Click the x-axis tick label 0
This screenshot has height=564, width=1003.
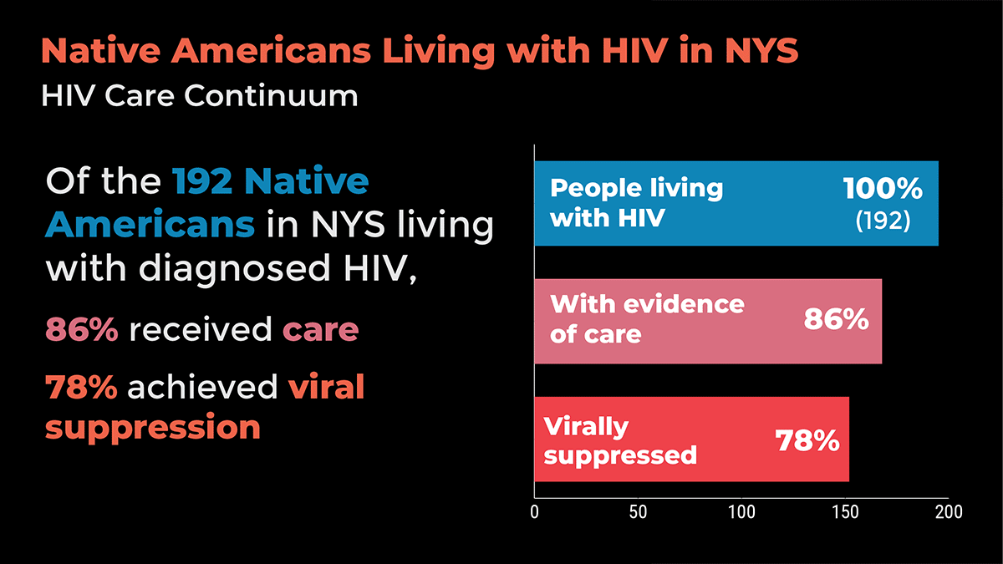(534, 511)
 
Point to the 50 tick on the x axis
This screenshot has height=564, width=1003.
(638, 511)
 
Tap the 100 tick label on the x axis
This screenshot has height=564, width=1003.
(741, 511)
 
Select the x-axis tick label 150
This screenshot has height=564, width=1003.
(845, 511)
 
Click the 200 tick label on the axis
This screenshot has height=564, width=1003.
(949, 511)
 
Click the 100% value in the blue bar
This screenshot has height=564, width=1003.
(883, 189)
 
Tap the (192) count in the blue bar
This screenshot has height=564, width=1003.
(883, 221)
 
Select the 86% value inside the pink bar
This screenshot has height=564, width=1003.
(836, 319)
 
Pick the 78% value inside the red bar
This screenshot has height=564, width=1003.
(807, 440)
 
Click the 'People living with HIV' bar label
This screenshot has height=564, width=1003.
(636, 203)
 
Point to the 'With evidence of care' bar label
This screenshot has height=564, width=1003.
(647, 319)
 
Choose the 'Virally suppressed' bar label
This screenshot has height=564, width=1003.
(620, 441)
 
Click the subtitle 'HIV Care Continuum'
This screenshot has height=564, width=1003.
(199, 95)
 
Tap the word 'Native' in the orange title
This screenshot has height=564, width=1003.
(101, 51)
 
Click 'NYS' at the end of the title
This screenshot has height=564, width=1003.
(761, 51)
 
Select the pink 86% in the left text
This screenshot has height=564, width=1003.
(82, 329)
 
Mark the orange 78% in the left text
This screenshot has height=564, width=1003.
(82, 387)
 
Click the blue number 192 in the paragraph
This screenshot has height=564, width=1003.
(202, 180)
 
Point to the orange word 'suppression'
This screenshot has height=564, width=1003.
(153, 428)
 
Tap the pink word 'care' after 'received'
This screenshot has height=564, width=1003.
(321, 330)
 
